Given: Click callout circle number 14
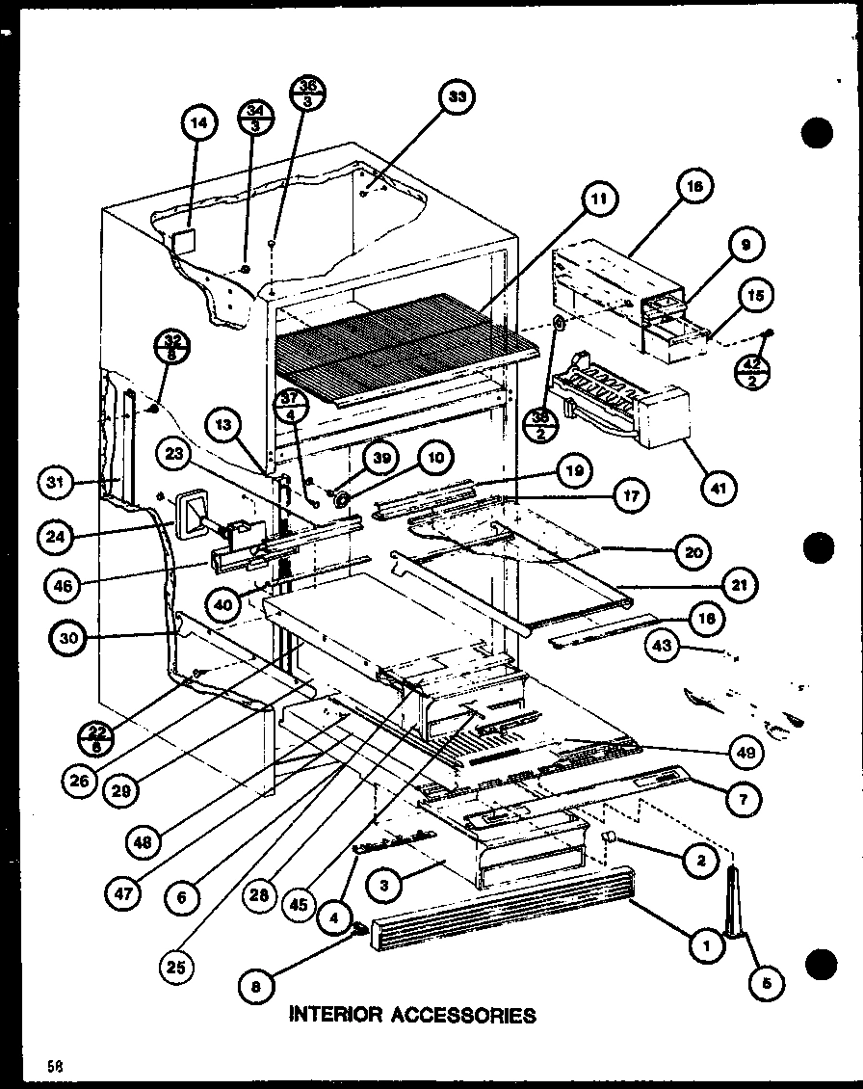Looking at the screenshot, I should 198,122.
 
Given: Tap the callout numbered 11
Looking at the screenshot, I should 599,200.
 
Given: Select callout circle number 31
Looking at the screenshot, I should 60,481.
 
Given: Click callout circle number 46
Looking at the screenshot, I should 63,583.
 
